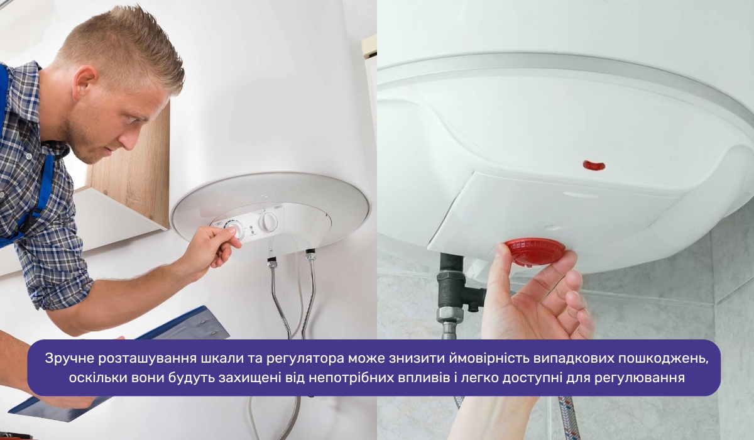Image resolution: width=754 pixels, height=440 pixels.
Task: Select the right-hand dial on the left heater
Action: pyautogui.click(x=268, y=222)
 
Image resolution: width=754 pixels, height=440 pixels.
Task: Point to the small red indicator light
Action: pyautogui.click(x=594, y=165)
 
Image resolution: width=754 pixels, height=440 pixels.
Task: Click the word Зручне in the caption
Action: pyautogui.click(x=70, y=358)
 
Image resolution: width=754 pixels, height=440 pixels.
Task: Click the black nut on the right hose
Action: pyautogui.click(x=310, y=254)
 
